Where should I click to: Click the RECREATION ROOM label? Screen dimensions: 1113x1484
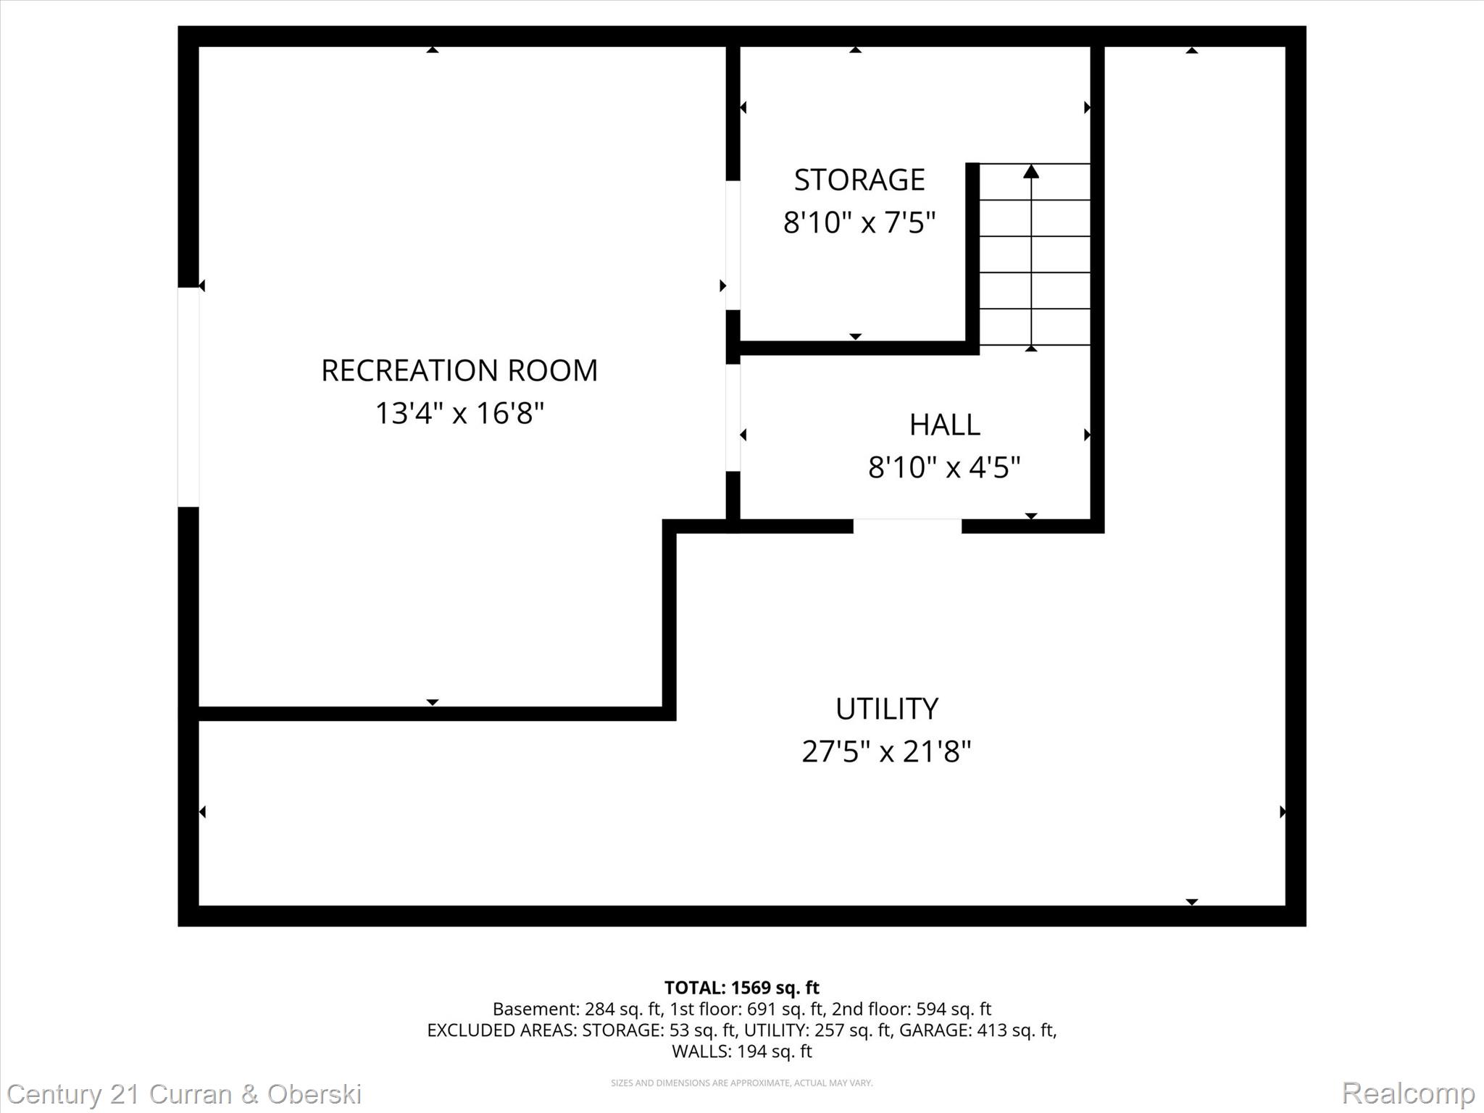click(459, 371)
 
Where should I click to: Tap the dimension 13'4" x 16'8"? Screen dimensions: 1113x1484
click(459, 414)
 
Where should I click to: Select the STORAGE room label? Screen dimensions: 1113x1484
click(859, 180)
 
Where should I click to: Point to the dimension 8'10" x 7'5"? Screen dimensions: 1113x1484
click(859, 222)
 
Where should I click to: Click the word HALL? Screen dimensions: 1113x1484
click(944, 425)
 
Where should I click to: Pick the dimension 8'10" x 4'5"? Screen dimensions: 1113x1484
click(944, 467)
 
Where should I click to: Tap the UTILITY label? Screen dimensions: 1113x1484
click(886, 709)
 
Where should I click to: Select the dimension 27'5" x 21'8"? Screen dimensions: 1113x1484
click(886, 751)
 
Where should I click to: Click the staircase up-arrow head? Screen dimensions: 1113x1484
click(1031, 172)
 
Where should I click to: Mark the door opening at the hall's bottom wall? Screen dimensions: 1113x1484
click(907, 526)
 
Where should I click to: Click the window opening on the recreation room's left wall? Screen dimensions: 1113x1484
click(188, 397)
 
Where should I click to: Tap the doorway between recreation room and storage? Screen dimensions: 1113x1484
click(733, 245)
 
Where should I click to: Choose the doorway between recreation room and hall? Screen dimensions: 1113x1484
click(733, 417)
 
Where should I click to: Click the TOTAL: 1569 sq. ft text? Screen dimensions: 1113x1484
click(741, 988)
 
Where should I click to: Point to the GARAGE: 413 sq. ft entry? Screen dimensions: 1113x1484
click(977, 1030)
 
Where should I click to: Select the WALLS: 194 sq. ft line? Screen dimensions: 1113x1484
click(741, 1051)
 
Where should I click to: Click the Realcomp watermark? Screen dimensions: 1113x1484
click(1408, 1093)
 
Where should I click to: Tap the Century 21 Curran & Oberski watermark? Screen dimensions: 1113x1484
click(184, 1093)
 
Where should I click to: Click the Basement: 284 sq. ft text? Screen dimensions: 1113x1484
click(577, 1009)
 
